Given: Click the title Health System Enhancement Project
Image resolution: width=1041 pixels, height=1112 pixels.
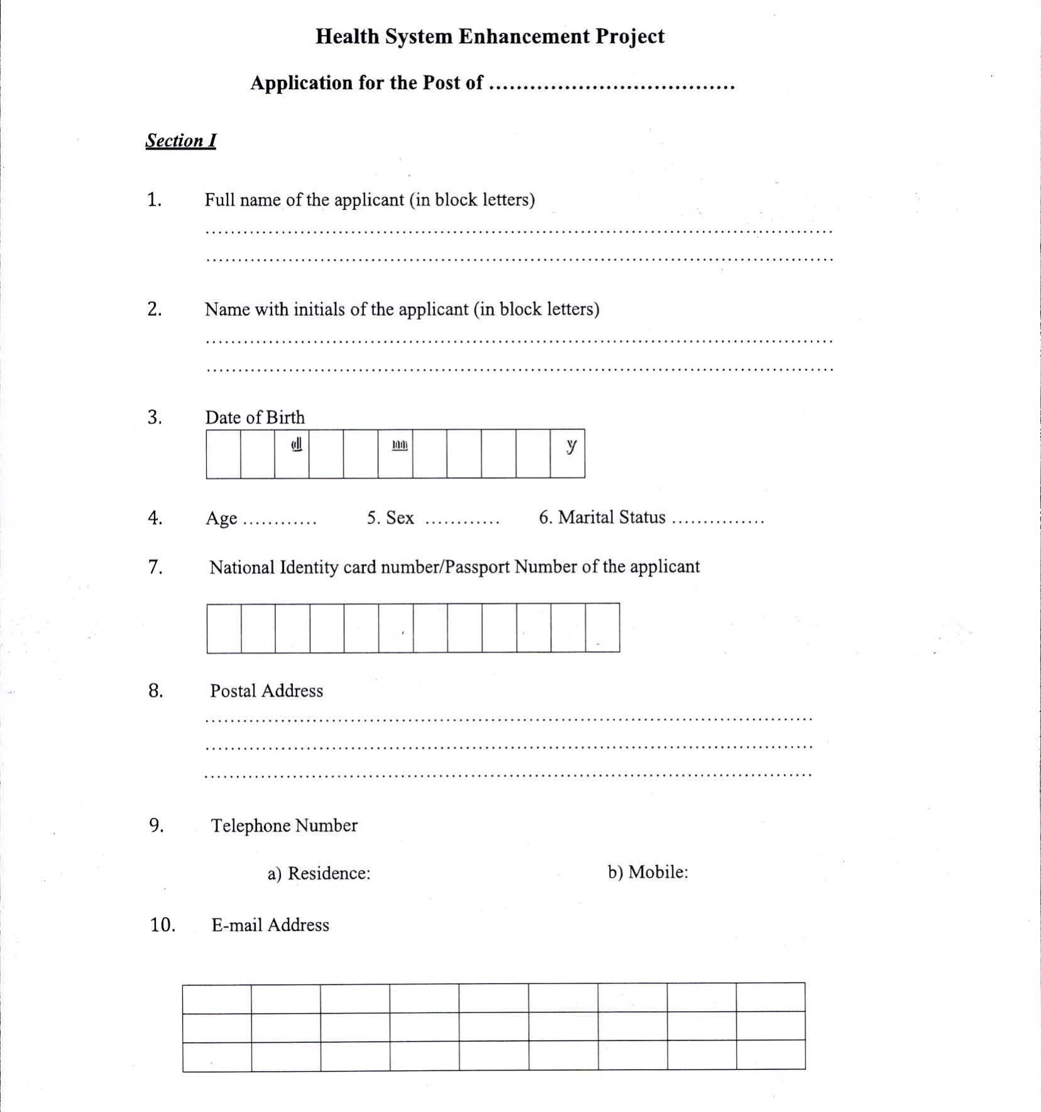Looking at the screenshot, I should click(x=490, y=36).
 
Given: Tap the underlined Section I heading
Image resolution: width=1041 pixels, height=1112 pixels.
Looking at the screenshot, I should click(x=180, y=140).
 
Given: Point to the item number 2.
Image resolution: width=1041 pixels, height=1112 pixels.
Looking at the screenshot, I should click(x=155, y=309).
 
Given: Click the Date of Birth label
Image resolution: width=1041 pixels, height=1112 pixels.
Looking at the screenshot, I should click(x=255, y=417).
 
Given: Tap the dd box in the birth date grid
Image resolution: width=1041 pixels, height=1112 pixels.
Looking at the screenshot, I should click(x=292, y=454).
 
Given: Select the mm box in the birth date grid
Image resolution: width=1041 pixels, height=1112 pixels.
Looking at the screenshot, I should click(x=395, y=454).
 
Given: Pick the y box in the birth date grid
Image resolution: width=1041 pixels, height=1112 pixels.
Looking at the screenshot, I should click(x=568, y=454).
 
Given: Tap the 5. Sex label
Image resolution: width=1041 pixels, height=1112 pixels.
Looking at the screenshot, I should click(x=390, y=518).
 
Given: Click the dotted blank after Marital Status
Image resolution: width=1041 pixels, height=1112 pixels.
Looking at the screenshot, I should click(x=718, y=521).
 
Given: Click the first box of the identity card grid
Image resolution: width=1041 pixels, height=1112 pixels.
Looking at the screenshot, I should click(x=224, y=628).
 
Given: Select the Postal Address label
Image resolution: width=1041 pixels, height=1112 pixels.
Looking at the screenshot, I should click(x=267, y=691).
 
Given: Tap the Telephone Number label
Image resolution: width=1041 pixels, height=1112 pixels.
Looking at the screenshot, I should click(x=284, y=825).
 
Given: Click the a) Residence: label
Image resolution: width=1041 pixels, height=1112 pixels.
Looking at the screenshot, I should click(x=319, y=873).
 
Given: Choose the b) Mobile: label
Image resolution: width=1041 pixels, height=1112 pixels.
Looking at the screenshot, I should click(x=648, y=872).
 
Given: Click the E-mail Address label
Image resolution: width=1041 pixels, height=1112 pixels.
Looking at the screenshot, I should click(x=270, y=925).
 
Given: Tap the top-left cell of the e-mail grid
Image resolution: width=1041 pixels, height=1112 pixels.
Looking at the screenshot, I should click(x=217, y=999).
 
